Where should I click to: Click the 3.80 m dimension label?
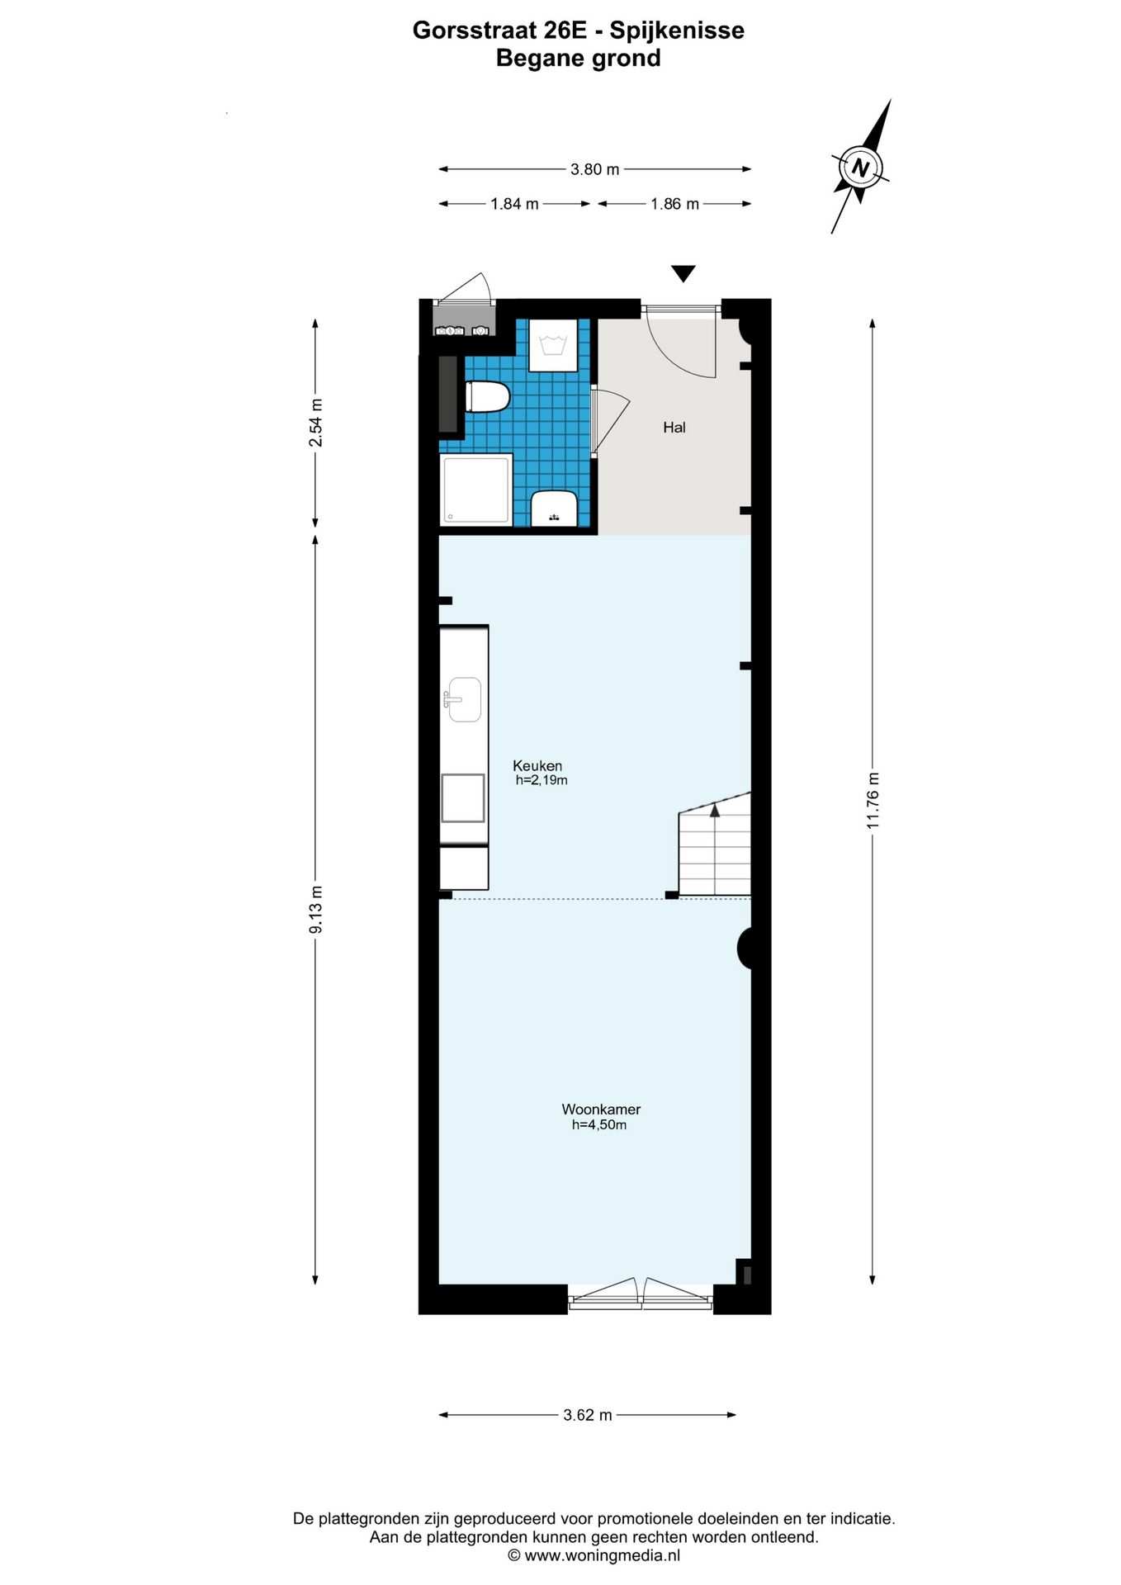[x=594, y=169]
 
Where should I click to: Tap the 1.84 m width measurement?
[x=514, y=204]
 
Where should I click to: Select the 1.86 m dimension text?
[x=674, y=204]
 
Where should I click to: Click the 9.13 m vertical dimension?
[x=315, y=909]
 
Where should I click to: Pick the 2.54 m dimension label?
[x=315, y=423]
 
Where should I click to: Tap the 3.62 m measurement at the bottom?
[x=588, y=1415]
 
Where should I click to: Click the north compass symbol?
[x=861, y=168]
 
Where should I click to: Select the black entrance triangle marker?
[x=683, y=273]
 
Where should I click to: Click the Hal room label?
[x=674, y=428]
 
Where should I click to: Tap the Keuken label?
[x=537, y=765]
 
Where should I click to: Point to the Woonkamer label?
[x=601, y=1109]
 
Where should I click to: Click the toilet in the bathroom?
[x=487, y=396]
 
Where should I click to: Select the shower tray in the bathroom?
[x=477, y=490]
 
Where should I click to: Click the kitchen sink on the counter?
[x=464, y=699]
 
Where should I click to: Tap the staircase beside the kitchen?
[x=715, y=850]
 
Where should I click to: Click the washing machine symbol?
[x=552, y=345]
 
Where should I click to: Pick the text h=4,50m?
[x=599, y=1125]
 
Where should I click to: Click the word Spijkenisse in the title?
[x=677, y=31]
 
